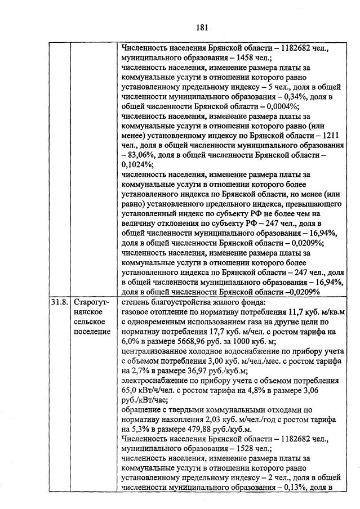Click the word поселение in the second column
[92, 331]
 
